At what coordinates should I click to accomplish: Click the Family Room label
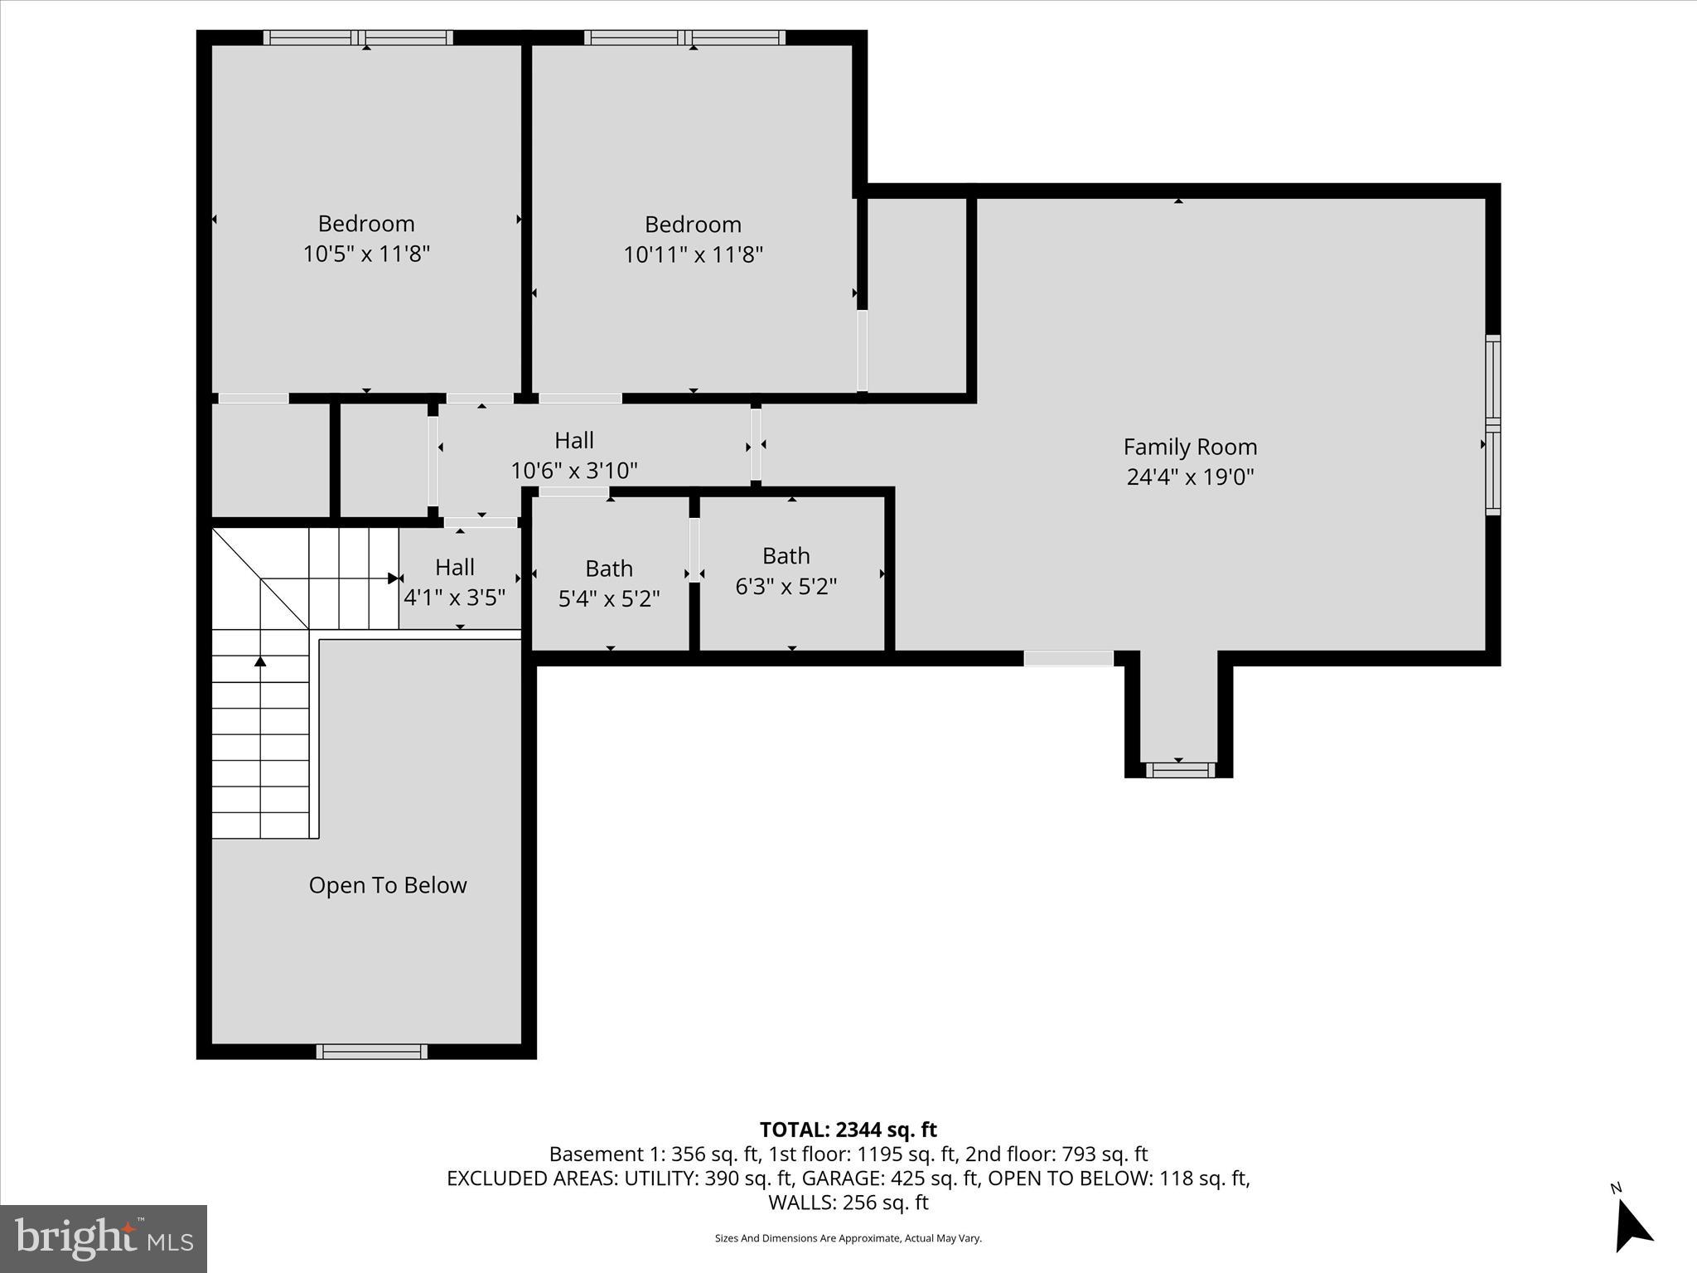[1190, 448]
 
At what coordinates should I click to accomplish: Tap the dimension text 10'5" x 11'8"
[366, 254]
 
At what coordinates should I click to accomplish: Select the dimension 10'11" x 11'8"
[693, 254]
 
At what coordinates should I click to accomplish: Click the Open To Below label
[388, 885]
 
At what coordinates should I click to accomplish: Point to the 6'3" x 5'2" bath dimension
[786, 586]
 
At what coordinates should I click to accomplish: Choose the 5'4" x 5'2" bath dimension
[609, 598]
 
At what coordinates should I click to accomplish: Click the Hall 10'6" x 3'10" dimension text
[574, 471]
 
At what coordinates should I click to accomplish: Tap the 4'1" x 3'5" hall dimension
[454, 598]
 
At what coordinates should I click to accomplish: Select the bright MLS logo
[104, 1238]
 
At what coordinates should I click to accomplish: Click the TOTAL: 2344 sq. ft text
[848, 1130]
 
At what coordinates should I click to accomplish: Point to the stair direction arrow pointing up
[260, 661]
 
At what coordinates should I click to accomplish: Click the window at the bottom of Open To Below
[372, 1051]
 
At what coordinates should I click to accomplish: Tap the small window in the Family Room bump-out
[1179, 770]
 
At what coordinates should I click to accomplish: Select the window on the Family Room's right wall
[1492, 425]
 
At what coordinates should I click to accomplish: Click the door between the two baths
[694, 550]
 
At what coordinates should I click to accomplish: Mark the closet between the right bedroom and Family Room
[916, 294]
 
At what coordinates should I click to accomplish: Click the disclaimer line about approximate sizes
[848, 1238]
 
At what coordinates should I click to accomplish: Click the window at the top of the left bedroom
[358, 37]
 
